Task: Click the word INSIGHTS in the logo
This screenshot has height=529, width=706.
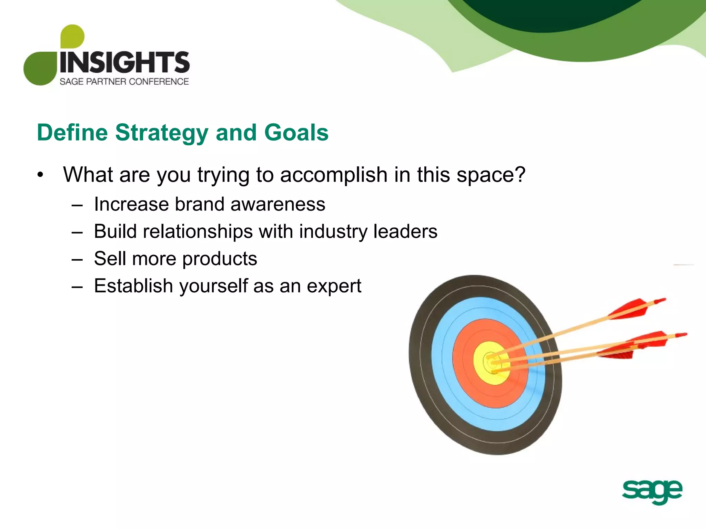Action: coord(124,62)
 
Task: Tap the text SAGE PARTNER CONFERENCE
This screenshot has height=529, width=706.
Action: coord(124,82)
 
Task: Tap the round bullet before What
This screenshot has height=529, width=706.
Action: coord(41,175)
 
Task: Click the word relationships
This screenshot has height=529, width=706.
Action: coord(198,231)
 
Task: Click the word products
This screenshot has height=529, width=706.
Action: coord(220,259)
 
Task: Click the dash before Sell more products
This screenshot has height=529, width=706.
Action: coord(77,259)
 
